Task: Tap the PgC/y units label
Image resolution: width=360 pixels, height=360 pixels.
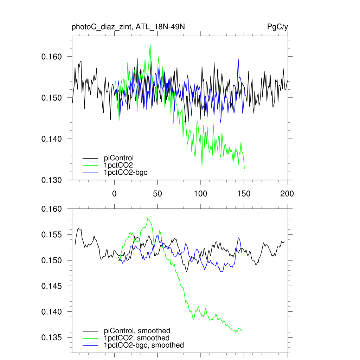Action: tap(278, 27)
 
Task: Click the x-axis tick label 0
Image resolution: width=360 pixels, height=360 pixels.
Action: tap(114, 194)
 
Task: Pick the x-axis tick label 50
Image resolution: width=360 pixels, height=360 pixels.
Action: tap(157, 194)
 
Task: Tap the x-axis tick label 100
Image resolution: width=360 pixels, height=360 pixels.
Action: tap(200, 194)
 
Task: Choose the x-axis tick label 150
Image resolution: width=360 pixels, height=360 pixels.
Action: tap(244, 194)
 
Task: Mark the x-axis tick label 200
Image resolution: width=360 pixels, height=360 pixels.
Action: tap(287, 194)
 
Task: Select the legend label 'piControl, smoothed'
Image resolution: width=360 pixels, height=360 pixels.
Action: tap(137, 330)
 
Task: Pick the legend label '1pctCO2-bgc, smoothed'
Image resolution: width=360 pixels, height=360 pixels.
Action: tap(144, 345)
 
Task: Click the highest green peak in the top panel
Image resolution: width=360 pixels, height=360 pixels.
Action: tap(150, 44)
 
